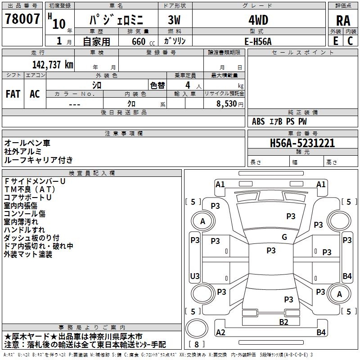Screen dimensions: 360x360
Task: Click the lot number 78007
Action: tap(22, 19)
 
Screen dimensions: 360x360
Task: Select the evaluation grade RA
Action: tap(343, 21)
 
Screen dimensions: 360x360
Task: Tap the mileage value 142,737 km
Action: tap(53, 65)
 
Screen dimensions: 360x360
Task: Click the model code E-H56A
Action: tap(258, 41)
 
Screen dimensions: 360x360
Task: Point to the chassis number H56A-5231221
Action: tap(302, 143)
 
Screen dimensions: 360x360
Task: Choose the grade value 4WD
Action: tap(258, 20)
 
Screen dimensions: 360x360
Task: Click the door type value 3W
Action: tap(174, 20)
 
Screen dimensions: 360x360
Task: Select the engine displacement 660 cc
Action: tap(143, 42)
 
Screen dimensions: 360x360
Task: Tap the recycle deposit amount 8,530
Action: tap(227, 104)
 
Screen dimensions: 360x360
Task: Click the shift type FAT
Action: tap(13, 94)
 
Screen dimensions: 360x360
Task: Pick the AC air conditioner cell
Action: tap(35, 94)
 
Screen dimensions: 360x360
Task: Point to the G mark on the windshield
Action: tap(284, 237)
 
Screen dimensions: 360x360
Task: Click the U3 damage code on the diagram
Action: tap(195, 276)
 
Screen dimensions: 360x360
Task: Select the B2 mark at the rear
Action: tap(283, 322)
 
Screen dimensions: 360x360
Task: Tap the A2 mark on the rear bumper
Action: tap(220, 332)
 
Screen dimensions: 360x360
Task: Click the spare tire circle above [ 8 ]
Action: tap(197, 329)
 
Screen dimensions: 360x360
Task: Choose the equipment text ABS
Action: tap(258, 121)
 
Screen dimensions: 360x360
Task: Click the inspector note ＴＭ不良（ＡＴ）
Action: tap(30, 189)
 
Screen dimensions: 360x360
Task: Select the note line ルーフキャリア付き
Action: tap(39, 160)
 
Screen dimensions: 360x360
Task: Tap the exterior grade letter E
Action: tap(336, 41)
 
